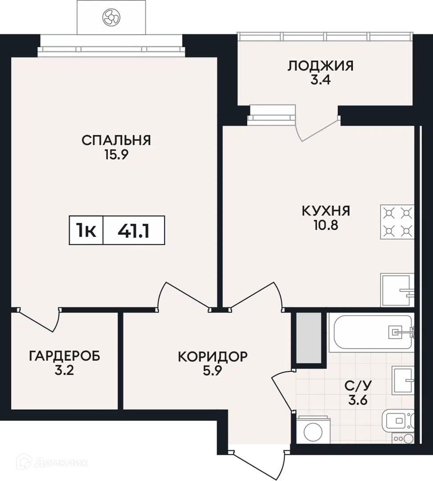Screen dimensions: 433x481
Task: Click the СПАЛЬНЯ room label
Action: tap(116, 140)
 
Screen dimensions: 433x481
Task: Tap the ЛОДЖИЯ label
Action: tap(320, 65)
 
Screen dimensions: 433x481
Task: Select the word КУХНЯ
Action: tap(326, 211)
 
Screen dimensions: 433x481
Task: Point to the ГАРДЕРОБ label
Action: tap(65, 356)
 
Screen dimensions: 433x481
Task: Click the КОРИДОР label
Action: tap(212, 356)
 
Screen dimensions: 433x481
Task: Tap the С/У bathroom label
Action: tap(358, 386)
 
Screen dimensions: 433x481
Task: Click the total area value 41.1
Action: tap(134, 231)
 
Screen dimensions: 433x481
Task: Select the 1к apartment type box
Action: tap(86, 230)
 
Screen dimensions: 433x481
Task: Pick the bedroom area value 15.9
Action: tap(116, 155)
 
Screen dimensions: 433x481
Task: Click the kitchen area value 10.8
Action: tap(326, 225)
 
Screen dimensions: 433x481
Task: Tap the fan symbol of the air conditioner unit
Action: tap(111, 17)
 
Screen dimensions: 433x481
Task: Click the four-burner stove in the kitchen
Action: tap(397, 222)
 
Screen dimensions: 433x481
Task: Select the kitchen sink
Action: tap(397, 290)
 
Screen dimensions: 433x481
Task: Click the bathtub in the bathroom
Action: tap(372, 333)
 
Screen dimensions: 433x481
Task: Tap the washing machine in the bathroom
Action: tap(313, 430)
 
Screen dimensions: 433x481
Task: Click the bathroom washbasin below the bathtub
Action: tap(403, 380)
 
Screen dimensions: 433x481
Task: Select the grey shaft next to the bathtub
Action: tap(308, 338)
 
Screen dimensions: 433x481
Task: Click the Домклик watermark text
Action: tap(61, 463)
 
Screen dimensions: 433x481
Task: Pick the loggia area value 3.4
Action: tap(320, 80)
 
